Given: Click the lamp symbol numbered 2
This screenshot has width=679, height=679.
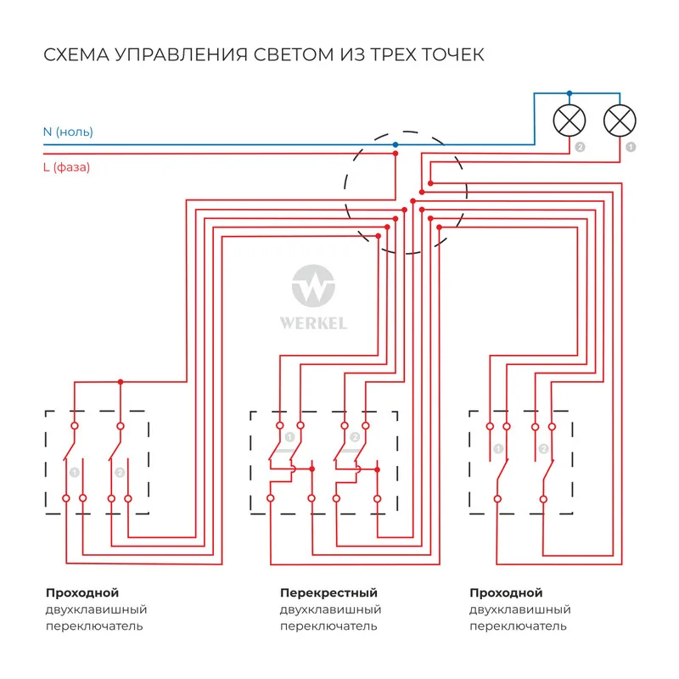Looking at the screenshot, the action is [x=570, y=121].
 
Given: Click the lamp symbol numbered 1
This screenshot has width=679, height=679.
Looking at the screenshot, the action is [x=620, y=121].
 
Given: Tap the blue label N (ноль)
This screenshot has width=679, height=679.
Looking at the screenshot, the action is [x=68, y=132].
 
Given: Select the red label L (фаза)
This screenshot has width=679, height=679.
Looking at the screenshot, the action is [x=67, y=167].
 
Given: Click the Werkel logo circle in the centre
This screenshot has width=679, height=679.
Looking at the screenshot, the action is [x=313, y=286].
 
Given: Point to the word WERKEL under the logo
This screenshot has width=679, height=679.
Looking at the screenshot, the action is [x=313, y=323].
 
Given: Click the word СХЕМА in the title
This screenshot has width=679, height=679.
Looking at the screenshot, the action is [x=76, y=55].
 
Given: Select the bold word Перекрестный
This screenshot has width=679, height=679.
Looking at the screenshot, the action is [x=328, y=592].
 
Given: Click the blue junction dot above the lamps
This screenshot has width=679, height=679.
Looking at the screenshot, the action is [x=570, y=93].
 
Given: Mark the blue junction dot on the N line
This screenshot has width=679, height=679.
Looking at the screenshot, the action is [x=396, y=144].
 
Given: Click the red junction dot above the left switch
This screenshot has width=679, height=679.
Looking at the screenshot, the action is [x=121, y=382].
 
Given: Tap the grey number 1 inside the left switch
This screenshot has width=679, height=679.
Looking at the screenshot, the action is [x=75, y=472].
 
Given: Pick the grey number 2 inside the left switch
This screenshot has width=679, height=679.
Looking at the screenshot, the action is [x=120, y=472].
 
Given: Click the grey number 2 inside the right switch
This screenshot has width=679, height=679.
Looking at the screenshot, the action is [x=543, y=449].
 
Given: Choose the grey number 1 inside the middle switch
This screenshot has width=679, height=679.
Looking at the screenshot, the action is [x=289, y=437].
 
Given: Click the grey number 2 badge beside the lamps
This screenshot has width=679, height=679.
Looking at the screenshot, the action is [x=581, y=147].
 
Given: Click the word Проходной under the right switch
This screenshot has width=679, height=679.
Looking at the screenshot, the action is [x=506, y=592].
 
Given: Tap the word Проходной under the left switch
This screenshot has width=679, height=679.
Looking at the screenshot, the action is [x=82, y=592].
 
